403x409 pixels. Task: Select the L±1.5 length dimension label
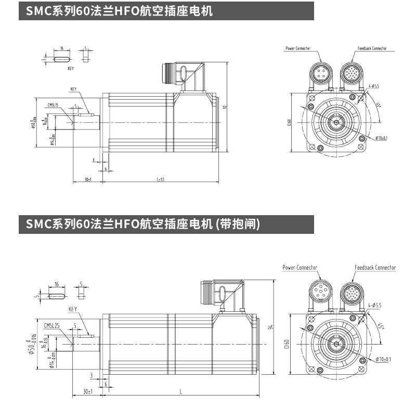pyautogui.click(x=161, y=179)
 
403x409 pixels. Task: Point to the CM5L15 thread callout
pyautogui.click(x=54, y=104)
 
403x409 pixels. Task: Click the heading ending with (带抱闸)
pyautogui.click(x=143, y=224)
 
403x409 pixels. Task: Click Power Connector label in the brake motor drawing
pyautogui.click(x=300, y=268)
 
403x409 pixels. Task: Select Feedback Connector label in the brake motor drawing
pyautogui.click(x=375, y=268)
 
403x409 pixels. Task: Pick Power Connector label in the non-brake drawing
pyautogui.click(x=297, y=48)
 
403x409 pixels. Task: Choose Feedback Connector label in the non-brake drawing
pyautogui.click(x=372, y=48)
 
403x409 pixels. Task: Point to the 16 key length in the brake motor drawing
pyautogui.click(x=56, y=285)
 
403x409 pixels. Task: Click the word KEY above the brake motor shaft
pyautogui.click(x=73, y=309)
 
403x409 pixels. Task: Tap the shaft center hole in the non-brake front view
pyautogui.click(x=336, y=123)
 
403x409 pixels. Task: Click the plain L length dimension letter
pyautogui.click(x=181, y=391)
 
